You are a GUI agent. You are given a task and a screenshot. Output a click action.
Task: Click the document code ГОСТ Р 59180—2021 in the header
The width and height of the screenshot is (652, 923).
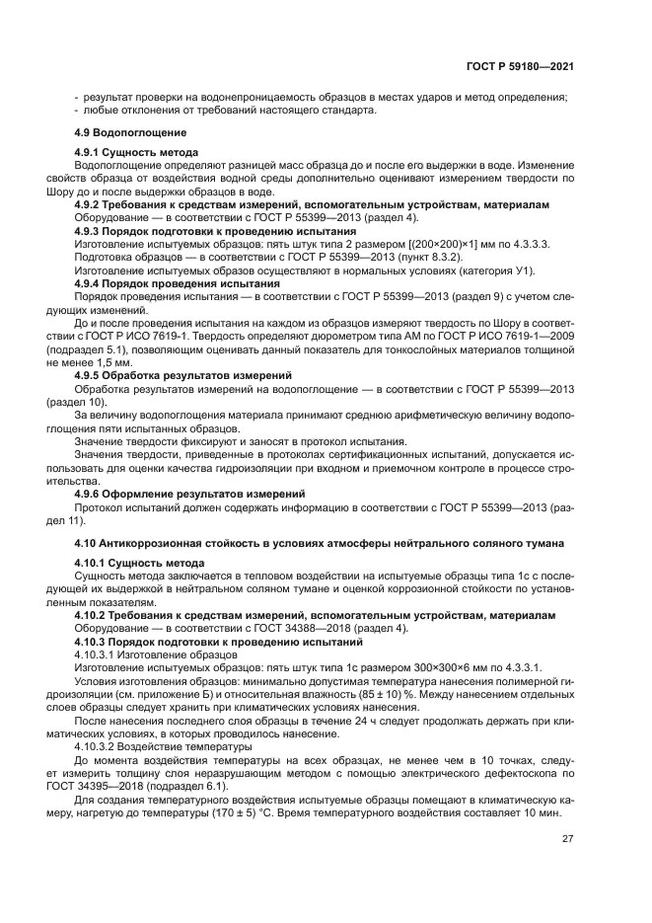pyautogui.click(x=520, y=66)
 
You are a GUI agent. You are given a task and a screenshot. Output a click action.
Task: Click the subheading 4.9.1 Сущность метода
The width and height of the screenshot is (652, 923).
pyautogui.click(x=137, y=152)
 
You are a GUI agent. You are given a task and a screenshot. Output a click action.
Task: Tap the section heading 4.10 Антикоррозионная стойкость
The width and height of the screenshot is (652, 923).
pyautogui.click(x=319, y=542)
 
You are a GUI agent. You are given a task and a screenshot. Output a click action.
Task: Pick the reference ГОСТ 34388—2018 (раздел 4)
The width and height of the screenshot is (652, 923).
pyautogui.click(x=320, y=628)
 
